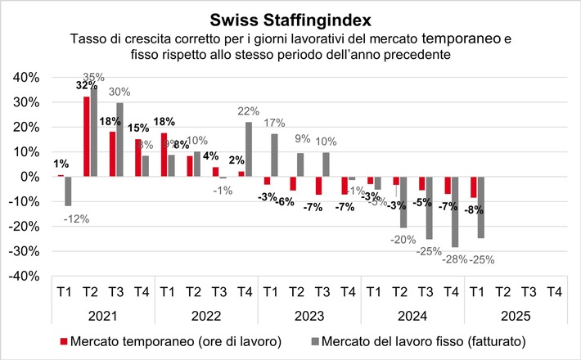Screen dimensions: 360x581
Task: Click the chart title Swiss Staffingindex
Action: point(290,18)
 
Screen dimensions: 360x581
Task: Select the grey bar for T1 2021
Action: point(69,191)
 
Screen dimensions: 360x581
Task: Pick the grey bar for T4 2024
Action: point(455,212)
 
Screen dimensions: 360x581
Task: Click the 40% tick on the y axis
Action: point(24,77)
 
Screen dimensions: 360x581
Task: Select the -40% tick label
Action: point(22,277)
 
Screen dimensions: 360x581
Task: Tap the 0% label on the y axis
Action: point(28,177)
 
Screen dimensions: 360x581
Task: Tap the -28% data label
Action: point(455,259)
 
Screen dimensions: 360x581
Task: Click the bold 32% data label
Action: point(86,85)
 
